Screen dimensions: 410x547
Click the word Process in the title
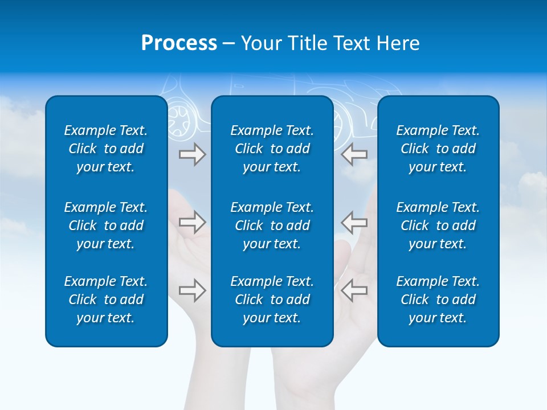click(x=179, y=43)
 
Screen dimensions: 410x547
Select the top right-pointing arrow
click(x=192, y=154)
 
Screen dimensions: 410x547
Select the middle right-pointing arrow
click(x=192, y=222)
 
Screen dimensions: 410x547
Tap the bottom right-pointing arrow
click(x=192, y=290)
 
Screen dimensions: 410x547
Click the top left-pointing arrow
click(x=354, y=154)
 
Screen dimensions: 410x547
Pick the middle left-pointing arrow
click(x=354, y=222)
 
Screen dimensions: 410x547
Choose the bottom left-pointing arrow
click(x=354, y=290)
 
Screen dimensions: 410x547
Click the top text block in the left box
click(x=106, y=149)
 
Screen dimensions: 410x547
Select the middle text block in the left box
click(x=106, y=225)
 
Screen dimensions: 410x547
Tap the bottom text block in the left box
click(x=106, y=300)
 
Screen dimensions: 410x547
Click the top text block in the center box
click(x=272, y=149)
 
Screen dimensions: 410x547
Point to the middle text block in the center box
click(x=272, y=225)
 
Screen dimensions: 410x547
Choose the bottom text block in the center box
click(x=272, y=300)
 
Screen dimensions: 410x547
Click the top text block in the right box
click(x=438, y=149)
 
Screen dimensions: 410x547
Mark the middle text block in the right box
click(x=438, y=225)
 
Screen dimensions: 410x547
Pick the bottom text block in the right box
click(x=438, y=300)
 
